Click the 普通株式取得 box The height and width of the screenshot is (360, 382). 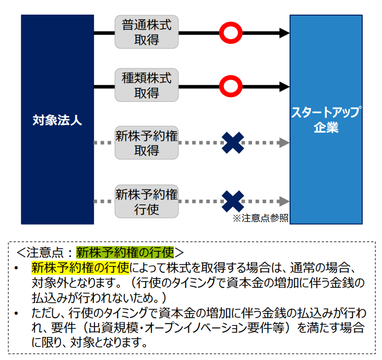click(x=147, y=32)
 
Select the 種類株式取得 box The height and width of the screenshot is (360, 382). click(x=147, y=85)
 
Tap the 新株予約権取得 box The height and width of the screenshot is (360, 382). click(x=147, y=143)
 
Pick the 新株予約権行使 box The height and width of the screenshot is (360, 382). click(x=147, y=202)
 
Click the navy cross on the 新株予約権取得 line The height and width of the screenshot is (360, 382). click(x=233, y=143)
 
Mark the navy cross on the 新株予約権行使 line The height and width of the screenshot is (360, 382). click(x=233, y=202)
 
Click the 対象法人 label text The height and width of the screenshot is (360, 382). click(x=57, y=120)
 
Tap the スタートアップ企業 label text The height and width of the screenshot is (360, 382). click(x=326, y=120)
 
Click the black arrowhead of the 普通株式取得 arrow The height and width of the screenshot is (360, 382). click(x=284, y=33)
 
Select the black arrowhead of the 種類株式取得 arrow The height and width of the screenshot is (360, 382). click(x=284, y=87)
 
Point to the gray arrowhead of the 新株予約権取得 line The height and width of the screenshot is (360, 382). click(x=284, y=143)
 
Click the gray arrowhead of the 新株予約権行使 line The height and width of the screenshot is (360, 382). click(x=284, y=202)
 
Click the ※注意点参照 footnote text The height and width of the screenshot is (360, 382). click(x=260, y=218)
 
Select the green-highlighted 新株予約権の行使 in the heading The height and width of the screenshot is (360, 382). click(x=125, y=252)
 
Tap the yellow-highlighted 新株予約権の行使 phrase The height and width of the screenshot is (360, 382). click(x=80, y=268)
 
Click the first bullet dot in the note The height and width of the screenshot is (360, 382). click(x=16, y=268)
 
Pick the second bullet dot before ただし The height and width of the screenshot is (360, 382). click(x=16, y=313)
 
